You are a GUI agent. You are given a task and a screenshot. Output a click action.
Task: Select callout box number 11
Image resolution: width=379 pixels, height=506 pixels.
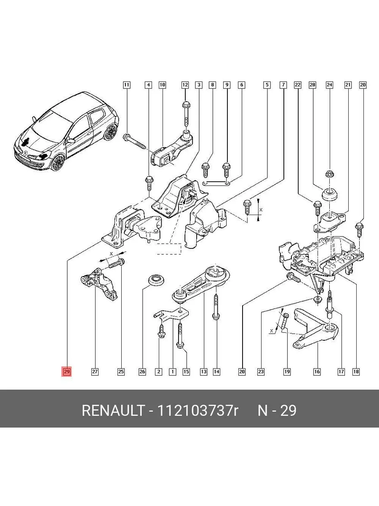pyautogui.click(x=127, y=85)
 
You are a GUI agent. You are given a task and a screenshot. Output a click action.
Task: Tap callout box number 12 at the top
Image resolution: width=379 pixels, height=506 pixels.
pyautogui.click(x=185, y=85)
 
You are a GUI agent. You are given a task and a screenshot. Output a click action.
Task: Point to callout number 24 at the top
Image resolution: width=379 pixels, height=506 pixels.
pyautogui.click(x=330, y=85)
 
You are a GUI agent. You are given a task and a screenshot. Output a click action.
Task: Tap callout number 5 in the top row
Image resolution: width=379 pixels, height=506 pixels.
pyautogui.click(x=267, y=85)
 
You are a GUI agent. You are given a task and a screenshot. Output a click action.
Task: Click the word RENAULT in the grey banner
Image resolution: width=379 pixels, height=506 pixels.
pyautogui.click(x=113, y=411)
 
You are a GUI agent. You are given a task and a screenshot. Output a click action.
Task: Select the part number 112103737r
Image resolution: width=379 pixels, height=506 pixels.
pyautogui.click(x=197, y=411)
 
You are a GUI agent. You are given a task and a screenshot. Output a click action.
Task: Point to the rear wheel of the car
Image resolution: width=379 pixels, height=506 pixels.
pyautogui.click(x=110, y=132)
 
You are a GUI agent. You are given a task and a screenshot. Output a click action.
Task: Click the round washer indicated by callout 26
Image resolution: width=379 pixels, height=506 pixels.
pyautogui.click(x=157, y=280)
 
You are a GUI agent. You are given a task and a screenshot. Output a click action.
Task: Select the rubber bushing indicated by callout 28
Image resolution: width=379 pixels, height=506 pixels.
pyautogui.click(x=330, y=195)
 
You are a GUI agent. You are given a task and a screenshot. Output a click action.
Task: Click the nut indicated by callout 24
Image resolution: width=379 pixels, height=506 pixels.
pyautogui.click(x=330, y=174)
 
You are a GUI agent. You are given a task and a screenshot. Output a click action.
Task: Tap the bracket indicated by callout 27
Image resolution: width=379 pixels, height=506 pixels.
pyautogui.click(x=99, y=285)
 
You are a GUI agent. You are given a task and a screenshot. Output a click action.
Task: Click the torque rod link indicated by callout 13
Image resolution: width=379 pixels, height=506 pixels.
pyautogui.click(x=201, y=285)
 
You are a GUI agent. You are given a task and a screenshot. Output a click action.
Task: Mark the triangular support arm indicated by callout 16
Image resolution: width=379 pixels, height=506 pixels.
pyautogui.click(x=316, y=328)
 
